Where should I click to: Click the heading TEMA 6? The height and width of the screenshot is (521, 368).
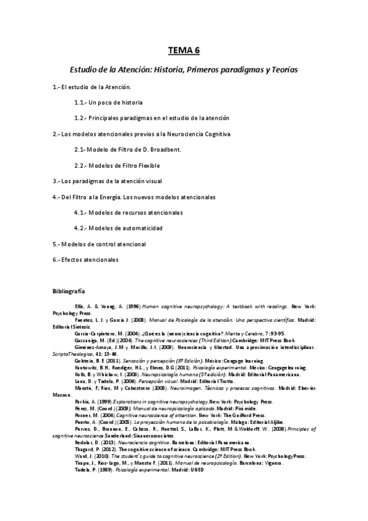pyautogui.click(x=184, y=51)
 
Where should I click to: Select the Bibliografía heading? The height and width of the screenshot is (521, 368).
pyautogui.click(x=69, y=289)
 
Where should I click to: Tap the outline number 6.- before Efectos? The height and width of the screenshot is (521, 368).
pyautogui.click(x=57, y=260)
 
